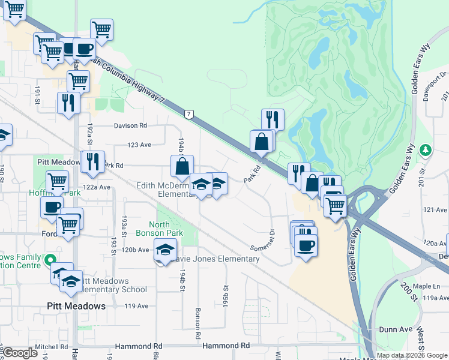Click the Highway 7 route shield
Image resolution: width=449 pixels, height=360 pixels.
click(189, 113)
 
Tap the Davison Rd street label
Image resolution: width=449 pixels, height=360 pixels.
click(131, 126)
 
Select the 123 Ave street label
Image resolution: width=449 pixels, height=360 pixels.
click(139, 145)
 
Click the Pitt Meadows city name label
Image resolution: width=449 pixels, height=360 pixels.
click(76, 306)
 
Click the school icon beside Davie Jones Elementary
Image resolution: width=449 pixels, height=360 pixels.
click(164, 250)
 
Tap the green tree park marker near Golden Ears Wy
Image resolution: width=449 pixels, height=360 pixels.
click(426, 149)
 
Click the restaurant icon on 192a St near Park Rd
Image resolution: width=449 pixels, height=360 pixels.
click(92, 162)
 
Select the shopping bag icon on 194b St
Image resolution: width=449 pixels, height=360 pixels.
click(182, 166)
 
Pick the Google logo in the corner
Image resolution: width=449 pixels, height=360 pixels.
click(20, 353)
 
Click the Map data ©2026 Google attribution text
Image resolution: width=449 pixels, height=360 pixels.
click(412, 355)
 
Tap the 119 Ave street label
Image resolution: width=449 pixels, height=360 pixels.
click(136, 306)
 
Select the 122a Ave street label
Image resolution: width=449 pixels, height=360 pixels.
click(97, 187)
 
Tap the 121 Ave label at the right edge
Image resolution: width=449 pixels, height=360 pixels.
click(435, 209)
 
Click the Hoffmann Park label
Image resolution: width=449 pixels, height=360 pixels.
click(55, 193)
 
